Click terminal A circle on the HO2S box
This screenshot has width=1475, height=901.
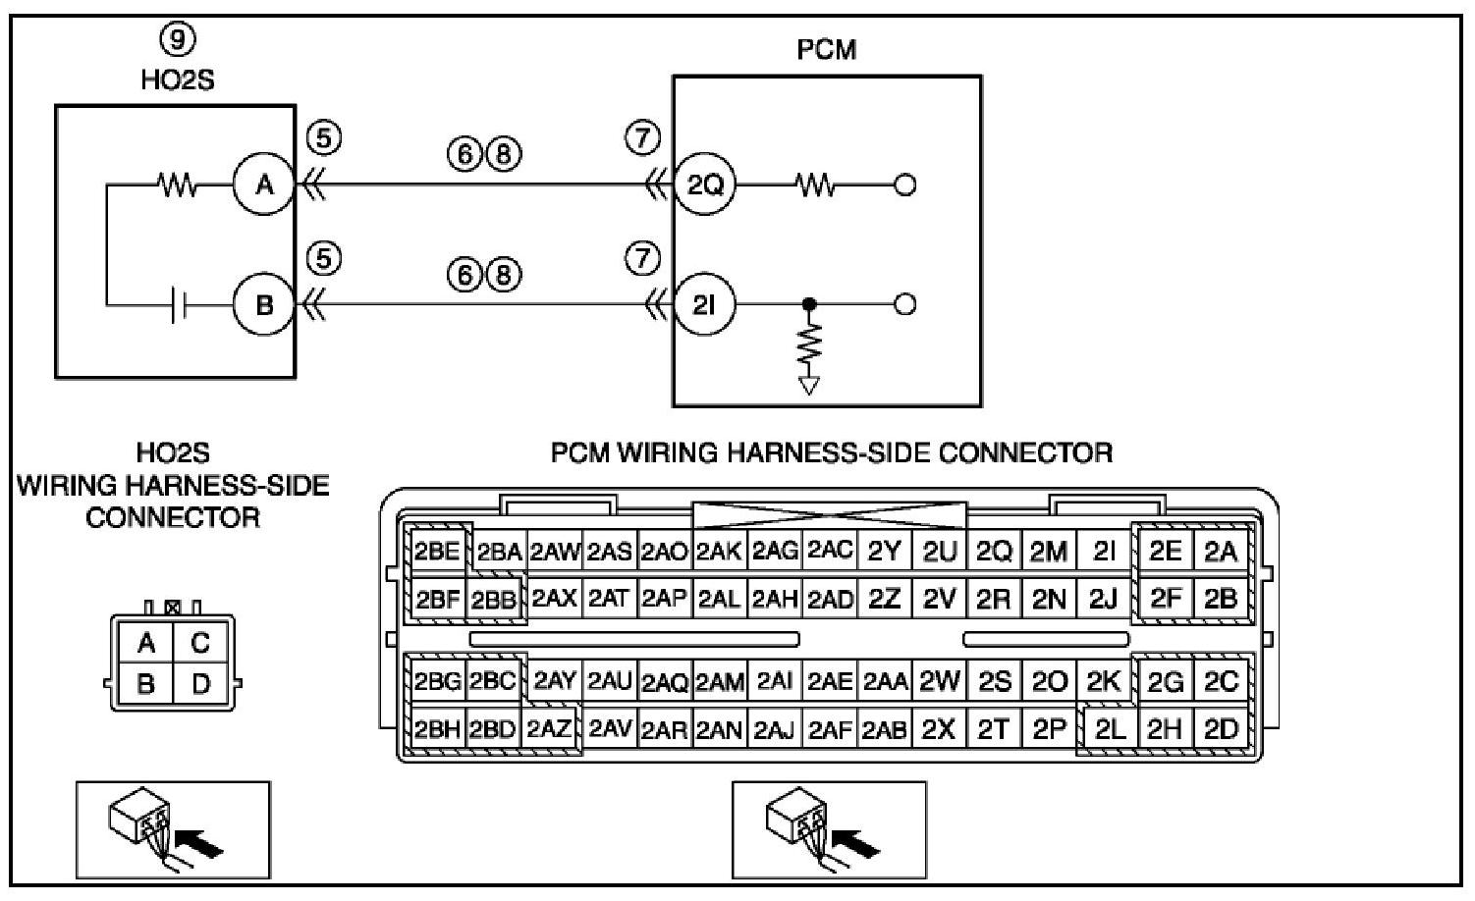264,184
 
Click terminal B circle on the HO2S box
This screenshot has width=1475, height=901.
264,305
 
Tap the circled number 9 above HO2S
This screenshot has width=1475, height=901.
177,39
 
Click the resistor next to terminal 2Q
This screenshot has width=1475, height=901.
815,184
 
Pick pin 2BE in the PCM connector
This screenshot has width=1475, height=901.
437,552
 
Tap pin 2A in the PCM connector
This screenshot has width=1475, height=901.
1220,552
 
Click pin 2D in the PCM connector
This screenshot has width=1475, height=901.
1220,729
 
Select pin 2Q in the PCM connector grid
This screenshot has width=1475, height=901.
994,552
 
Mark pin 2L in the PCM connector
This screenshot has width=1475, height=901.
1109,729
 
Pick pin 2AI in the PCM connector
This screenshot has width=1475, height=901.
774,681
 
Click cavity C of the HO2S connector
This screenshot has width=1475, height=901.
200,643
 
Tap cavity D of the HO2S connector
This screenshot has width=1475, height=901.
200,683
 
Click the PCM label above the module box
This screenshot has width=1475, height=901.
826,49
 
